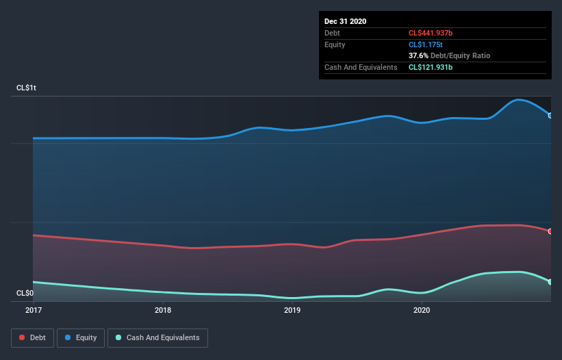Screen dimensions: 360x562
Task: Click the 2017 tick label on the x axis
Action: [33, 310]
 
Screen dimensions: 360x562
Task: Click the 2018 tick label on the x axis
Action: [163, 310]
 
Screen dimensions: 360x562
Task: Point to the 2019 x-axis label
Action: [292, 310]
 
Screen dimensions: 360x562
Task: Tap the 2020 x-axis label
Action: [422, 310]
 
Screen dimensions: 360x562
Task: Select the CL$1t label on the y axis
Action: [27, 88]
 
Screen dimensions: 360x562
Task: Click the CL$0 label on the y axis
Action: [25, 293]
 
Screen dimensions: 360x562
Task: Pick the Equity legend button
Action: [81, 337]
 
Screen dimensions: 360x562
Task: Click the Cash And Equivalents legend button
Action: [157, 337]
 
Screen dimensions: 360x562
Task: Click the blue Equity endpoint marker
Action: [550, 115]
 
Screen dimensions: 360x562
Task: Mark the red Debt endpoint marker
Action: [550, 231]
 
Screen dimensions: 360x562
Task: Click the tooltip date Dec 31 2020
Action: [345, 21]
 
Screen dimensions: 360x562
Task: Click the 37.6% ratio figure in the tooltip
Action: [418, 55]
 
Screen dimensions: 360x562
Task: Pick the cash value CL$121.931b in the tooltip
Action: [435, 67]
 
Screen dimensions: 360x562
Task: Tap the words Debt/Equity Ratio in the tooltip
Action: [460, 55]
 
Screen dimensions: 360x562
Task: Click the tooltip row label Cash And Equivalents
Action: [361, 67]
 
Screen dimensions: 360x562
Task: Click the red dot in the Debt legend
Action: [23, 337]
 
